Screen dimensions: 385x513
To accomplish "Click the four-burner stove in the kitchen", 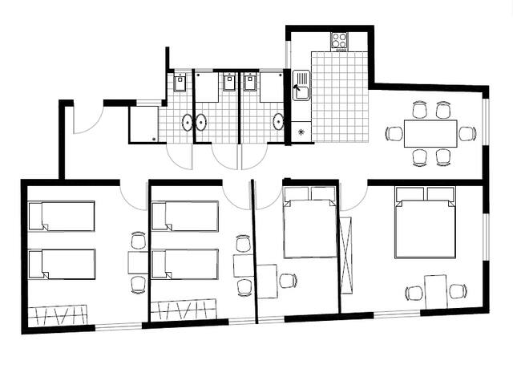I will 340,40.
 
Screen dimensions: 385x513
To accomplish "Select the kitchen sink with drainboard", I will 301,85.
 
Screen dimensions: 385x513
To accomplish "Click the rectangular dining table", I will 430,133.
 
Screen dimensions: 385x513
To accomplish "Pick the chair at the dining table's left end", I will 393,133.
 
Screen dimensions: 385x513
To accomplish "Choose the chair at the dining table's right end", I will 467,133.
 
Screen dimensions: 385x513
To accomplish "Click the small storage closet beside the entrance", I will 143,124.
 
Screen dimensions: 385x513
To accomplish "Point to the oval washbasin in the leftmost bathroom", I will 188,122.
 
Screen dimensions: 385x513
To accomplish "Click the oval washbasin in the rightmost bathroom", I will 278,122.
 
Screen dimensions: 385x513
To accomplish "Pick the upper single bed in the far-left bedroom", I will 62,216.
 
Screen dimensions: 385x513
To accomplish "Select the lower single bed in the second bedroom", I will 185,264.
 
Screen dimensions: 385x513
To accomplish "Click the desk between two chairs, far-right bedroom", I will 435,289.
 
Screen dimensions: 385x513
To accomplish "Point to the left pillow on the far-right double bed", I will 410,193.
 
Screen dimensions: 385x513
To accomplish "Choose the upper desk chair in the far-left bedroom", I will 138,240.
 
